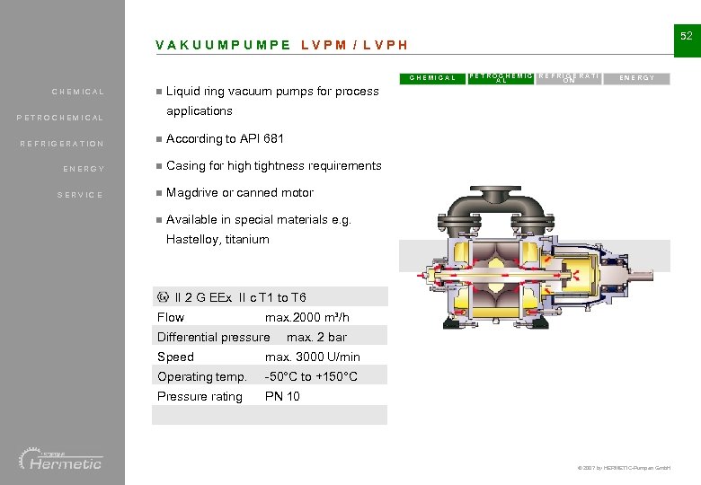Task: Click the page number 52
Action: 686,36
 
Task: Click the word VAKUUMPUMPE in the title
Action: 223,45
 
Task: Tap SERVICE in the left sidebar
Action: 81,195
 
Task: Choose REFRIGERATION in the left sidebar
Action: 63,144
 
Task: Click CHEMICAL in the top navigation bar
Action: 432,78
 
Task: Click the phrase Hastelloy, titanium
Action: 217,239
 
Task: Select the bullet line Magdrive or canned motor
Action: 240,192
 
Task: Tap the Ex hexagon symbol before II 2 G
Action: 163,297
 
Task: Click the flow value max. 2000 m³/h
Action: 306,317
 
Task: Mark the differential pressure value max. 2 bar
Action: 316,337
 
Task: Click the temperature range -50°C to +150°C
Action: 311,376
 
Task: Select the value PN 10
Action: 282,396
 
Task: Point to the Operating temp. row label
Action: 201,376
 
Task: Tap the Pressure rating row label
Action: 200,396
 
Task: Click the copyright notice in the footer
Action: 621,469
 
